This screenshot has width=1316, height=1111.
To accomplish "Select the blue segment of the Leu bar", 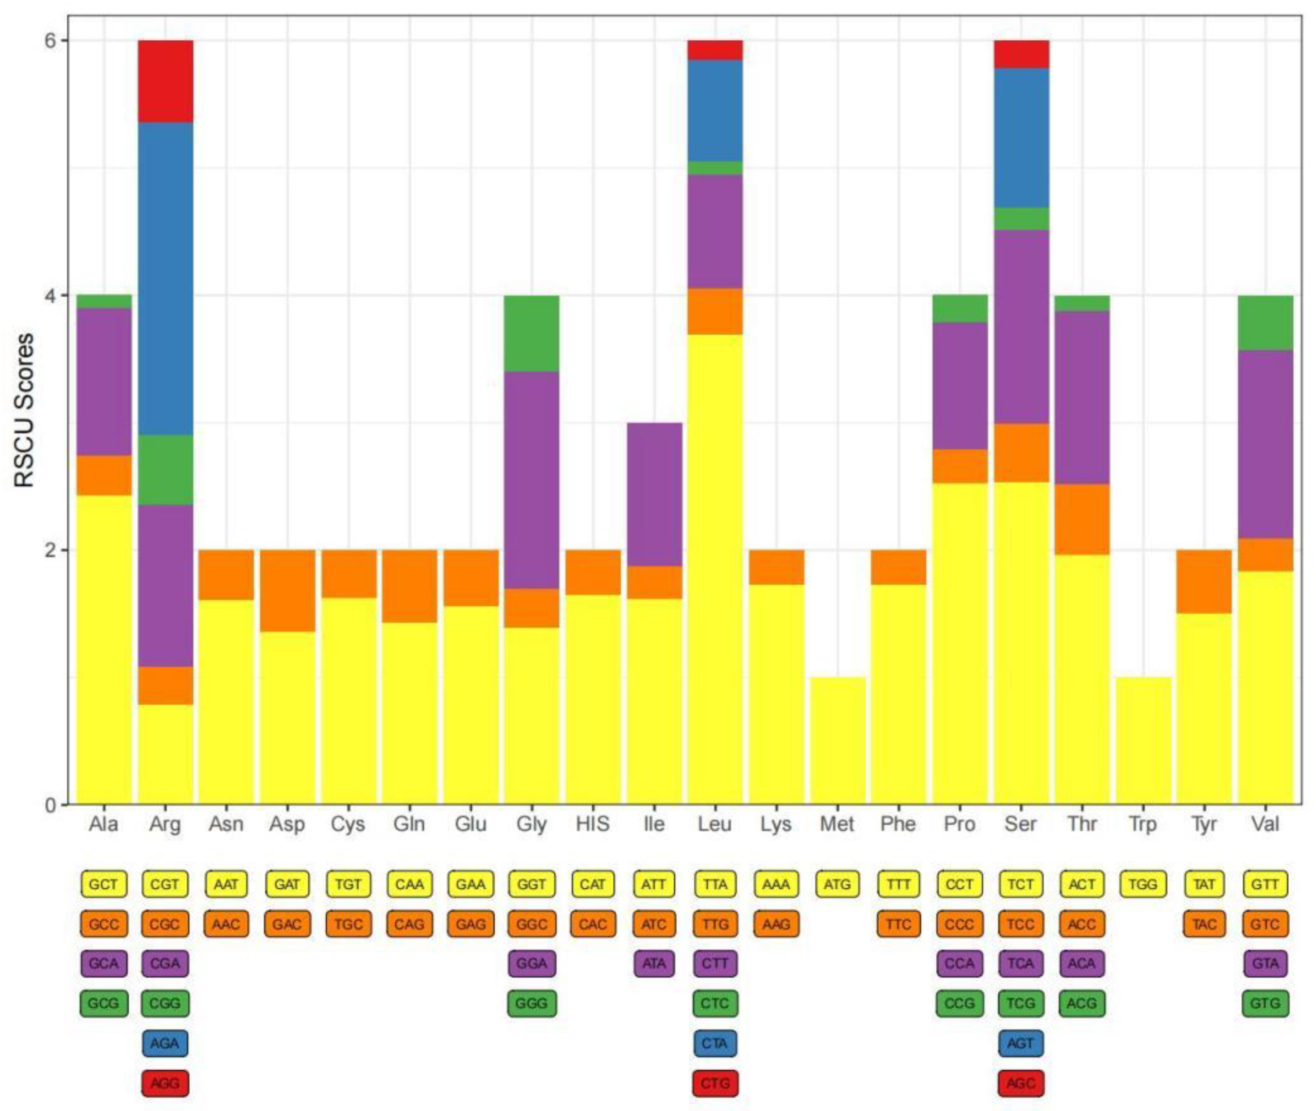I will point(714,110).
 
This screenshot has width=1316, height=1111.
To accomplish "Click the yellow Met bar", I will point(838,740).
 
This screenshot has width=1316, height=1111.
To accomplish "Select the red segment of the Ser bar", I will point(1021,54).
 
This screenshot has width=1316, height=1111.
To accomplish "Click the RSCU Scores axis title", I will point(24,411).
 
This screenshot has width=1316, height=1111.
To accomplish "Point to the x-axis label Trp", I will point(1142,824).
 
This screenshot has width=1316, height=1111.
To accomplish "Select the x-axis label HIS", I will point(592,824).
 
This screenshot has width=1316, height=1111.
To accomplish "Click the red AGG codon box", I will point(165,1084).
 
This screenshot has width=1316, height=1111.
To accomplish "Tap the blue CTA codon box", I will point(714,1043).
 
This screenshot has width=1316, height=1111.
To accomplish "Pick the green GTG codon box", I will point(1265,1003).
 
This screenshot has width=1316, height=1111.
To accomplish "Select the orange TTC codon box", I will point(899,924).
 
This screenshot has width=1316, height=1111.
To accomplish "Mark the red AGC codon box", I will point(1021,1084).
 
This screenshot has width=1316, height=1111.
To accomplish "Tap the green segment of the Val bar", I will point(1265,323).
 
